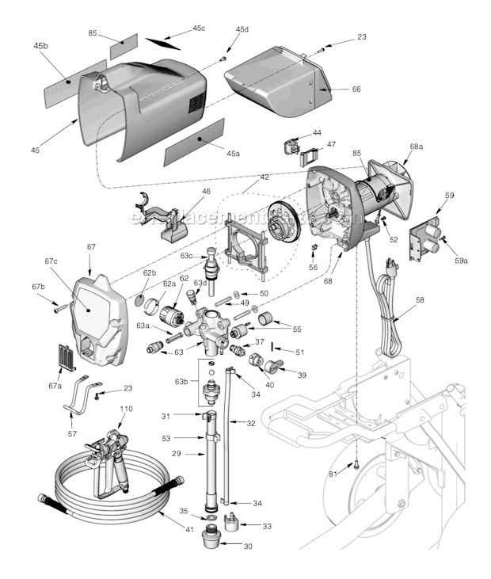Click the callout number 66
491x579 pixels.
(356, 90)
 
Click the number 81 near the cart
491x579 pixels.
(334, 474)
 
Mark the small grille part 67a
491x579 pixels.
(69, 357)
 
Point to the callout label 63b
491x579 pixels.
(182, 381)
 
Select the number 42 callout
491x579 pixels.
(265, 177)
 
